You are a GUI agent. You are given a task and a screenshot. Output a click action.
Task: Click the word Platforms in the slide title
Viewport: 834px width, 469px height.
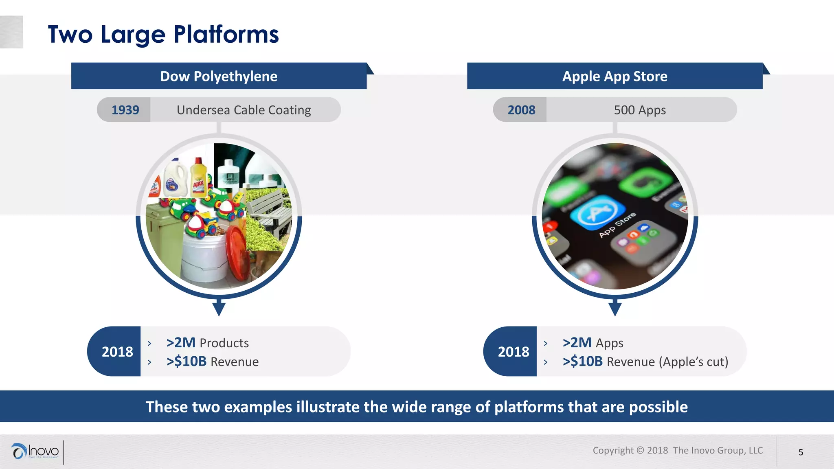226,34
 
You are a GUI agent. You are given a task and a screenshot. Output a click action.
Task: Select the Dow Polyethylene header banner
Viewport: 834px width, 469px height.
219,76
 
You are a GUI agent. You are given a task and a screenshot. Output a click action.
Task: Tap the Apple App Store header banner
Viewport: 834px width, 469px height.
615,76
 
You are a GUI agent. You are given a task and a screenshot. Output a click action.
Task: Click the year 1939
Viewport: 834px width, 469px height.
125,110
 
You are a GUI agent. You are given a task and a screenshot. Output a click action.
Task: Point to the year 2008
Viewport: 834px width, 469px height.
521,110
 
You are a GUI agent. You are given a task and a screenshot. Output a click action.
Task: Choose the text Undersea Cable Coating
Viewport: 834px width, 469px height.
244,110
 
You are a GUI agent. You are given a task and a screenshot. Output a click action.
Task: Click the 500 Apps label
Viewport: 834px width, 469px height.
640,110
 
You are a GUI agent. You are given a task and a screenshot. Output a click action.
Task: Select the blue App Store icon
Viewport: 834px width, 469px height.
597,212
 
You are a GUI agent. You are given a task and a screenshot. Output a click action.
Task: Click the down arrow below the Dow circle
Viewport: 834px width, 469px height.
219,309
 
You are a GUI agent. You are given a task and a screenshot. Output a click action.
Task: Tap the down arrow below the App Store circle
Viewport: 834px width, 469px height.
615,309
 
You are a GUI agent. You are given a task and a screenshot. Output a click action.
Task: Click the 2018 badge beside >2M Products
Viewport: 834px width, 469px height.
117,351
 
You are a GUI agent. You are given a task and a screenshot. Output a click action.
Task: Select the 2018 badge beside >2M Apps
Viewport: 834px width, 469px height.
513,351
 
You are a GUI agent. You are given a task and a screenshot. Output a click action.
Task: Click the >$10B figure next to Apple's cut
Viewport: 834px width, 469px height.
582,362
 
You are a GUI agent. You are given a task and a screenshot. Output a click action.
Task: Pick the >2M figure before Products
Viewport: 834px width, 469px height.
181,343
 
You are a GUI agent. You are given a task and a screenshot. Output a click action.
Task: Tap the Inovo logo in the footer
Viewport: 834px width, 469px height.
36,451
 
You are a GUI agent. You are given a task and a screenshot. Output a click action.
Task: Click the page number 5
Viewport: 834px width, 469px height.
801,452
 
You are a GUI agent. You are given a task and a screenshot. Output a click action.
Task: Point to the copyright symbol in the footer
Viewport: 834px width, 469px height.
640,450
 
